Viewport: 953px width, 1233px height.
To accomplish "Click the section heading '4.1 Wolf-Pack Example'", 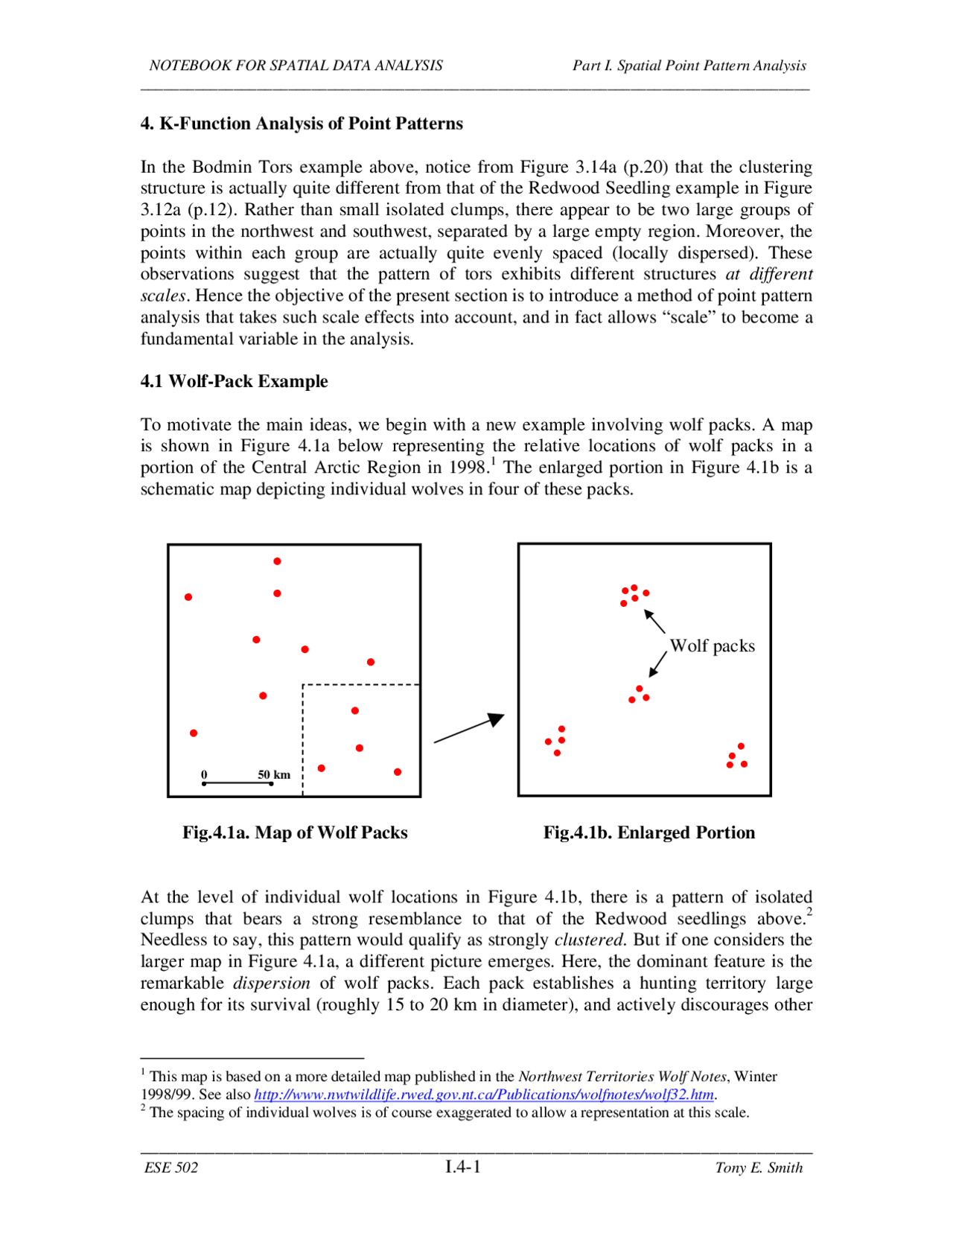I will click(234, 381).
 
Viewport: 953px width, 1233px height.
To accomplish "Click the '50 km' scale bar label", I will click(274, 774).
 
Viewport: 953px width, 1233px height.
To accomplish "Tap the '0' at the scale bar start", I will click(204, 774).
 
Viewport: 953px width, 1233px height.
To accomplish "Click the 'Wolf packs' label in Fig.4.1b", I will click(712, 646).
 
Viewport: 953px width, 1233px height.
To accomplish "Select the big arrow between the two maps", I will click(469, 728).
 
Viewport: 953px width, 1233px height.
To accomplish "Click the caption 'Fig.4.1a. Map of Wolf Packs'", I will click(295, 832).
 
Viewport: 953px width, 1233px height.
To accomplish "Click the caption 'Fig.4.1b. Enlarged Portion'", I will click(648, 832).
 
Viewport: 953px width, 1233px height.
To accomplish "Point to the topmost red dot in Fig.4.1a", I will click(277, 561).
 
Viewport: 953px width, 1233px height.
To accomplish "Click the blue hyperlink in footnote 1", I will click(484, 1095).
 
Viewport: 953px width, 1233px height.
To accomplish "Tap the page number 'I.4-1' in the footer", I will click(462, 1167).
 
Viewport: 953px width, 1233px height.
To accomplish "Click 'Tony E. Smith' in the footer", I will click(758, 1167).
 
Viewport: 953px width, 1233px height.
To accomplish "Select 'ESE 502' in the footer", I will click(171, 1167).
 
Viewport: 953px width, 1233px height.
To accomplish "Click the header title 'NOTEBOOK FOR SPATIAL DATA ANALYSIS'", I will click(296, 66).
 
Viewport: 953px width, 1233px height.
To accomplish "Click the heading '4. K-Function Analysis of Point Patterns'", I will click(302, 124).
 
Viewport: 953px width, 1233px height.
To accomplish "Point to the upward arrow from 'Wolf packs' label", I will click(654, 621).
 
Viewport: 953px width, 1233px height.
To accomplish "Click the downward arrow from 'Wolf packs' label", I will click(657, 664).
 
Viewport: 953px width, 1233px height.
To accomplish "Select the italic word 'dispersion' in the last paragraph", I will click(271, 983).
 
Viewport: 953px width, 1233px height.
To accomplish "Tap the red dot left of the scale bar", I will click(194, 733).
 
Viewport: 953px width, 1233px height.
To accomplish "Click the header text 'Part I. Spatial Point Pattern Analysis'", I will click(689, 66).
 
